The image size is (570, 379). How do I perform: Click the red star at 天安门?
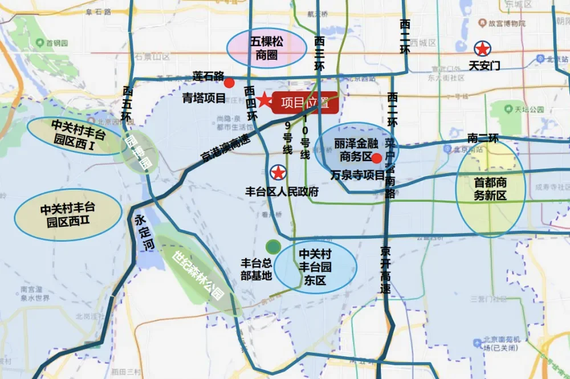(482, 48)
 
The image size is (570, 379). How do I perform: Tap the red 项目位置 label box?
(306, 103)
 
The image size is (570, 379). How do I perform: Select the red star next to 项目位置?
(264, 101)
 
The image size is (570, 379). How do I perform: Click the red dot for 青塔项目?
(229, 83)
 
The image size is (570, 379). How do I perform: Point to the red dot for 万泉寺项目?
(376, 158)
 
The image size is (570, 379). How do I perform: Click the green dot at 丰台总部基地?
(273, 247)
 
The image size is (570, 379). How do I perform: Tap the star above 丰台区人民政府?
(278, 172)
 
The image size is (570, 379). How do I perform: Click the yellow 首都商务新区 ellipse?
(490, 189)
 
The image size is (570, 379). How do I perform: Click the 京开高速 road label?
(386, 270)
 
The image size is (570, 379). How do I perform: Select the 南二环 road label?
(482, 138)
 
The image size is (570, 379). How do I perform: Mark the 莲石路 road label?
(208, 75)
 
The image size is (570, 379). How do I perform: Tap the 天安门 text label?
(484, 66)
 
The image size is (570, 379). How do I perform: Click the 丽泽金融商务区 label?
(353, 149)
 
